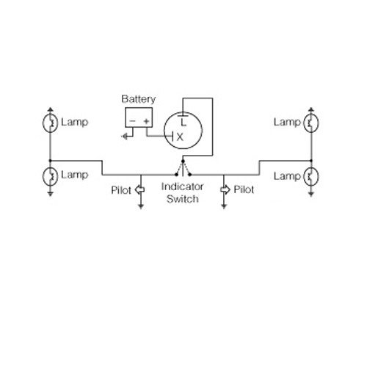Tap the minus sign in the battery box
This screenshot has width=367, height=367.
pos(132,120)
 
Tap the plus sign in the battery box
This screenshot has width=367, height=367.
pos(147,120)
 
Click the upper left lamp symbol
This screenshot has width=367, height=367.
pos(50,123)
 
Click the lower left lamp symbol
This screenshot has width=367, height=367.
pos(50,176)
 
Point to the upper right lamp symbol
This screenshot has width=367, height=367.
pos(310,123)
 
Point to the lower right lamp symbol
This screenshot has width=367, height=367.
pos(310,176)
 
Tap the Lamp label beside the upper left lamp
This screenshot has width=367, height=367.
pos(75,122)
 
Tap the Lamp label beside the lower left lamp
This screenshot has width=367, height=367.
pos(75,175)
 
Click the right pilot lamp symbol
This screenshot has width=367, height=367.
pos(225,190)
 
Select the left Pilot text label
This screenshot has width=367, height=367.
pos(122,190)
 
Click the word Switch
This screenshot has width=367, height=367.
pos(181,200)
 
